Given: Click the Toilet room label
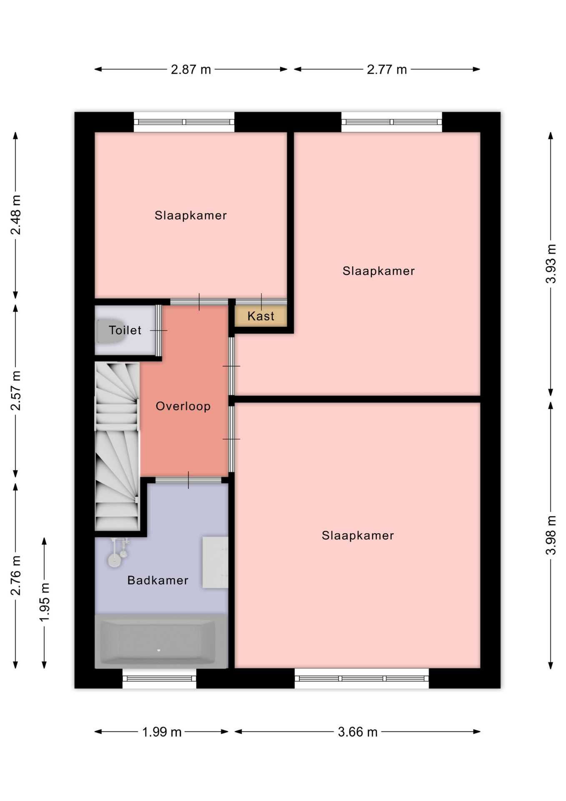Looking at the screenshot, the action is (125, 330).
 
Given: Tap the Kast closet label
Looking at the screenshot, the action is (261, 316).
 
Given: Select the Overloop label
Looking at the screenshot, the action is (183, 406).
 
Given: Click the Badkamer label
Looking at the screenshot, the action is (158, 580).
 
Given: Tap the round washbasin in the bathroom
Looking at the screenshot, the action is (114, 560).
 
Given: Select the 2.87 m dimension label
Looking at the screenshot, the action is (191, 69).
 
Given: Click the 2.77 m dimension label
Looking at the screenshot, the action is (387, 69).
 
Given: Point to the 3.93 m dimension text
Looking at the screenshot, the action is (551, 264).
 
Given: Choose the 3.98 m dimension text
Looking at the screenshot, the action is (551, 535).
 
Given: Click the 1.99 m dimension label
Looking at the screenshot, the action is (162, 732).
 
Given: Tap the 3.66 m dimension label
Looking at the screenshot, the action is (358, 732).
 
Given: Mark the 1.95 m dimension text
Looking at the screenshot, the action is (44, 602).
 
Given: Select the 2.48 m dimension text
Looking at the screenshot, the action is (15, 215).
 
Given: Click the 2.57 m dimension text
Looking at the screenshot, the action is (15, 390).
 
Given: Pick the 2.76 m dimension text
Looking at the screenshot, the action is (15, 575).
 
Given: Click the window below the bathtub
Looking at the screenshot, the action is (159, 678).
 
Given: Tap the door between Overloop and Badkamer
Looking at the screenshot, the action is (188, 480).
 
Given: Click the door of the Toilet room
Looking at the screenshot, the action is (158, 330).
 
